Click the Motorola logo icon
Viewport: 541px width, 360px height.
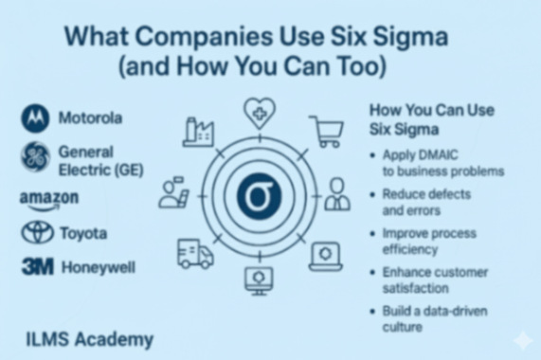pyautogui.click(x=35, y=118)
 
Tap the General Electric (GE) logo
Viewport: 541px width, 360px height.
pyautogui.click(x=35, y=157)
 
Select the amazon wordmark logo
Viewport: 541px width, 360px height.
pyautogui.click(x=48, y=199)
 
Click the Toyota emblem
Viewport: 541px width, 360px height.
pyautogui.click(x=37, y=232)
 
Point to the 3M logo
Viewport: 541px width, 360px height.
pyautogui.click(x=37, y=267)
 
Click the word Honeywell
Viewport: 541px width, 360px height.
pyautogui.click(x=99, y=267)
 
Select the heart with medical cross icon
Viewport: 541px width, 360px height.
pyautogui.click(x=259, y=114)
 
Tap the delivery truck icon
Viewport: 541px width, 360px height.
pyautogui.click(x=195, y=253)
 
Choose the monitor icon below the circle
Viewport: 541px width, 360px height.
pyautogui.click(x=258, y=279)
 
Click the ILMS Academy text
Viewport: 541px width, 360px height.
pyautogui.click(x=90, y=339)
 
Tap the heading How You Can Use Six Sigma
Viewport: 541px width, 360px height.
pyautogui.click(x=431, y=119)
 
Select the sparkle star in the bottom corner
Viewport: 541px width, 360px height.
pyautogui.click(x=521, y=340)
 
